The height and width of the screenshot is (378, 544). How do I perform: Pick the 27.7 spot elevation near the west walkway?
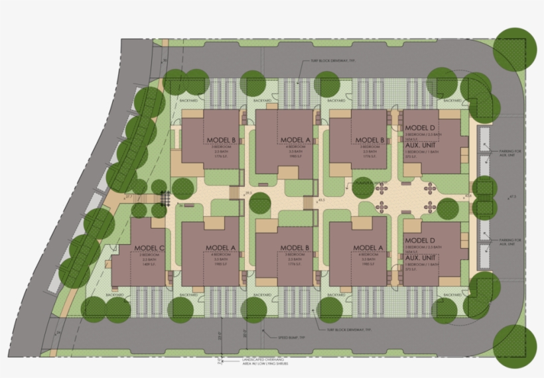(x=129, y=197)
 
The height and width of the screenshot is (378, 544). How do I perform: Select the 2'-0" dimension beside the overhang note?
(x=220, y=361)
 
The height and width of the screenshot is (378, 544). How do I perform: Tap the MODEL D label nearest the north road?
(x=419, y=127)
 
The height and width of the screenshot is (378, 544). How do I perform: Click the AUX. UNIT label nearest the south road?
(x=419, y=258)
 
